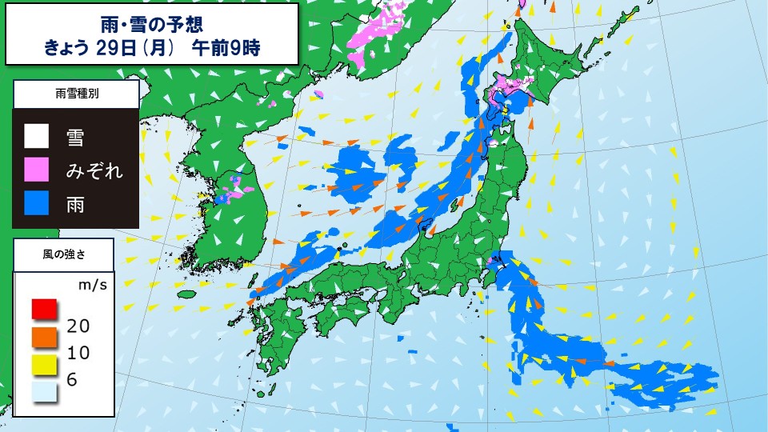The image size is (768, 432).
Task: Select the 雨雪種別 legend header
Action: (77, 94)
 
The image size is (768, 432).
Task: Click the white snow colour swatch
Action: (37, 136)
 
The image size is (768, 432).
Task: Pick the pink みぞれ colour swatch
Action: (37, 170)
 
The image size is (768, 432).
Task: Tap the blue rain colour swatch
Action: (37, 203)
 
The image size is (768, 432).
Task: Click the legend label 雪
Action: (76, 137)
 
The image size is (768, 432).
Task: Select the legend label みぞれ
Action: (94, 170)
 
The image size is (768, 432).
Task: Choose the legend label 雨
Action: (76, 204)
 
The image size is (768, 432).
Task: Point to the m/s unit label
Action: (93, 284)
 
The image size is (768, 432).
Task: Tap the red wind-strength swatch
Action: (45, 307)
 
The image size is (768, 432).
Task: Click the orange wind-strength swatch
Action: (45, 337)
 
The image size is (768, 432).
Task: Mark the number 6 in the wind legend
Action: (72, 380)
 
